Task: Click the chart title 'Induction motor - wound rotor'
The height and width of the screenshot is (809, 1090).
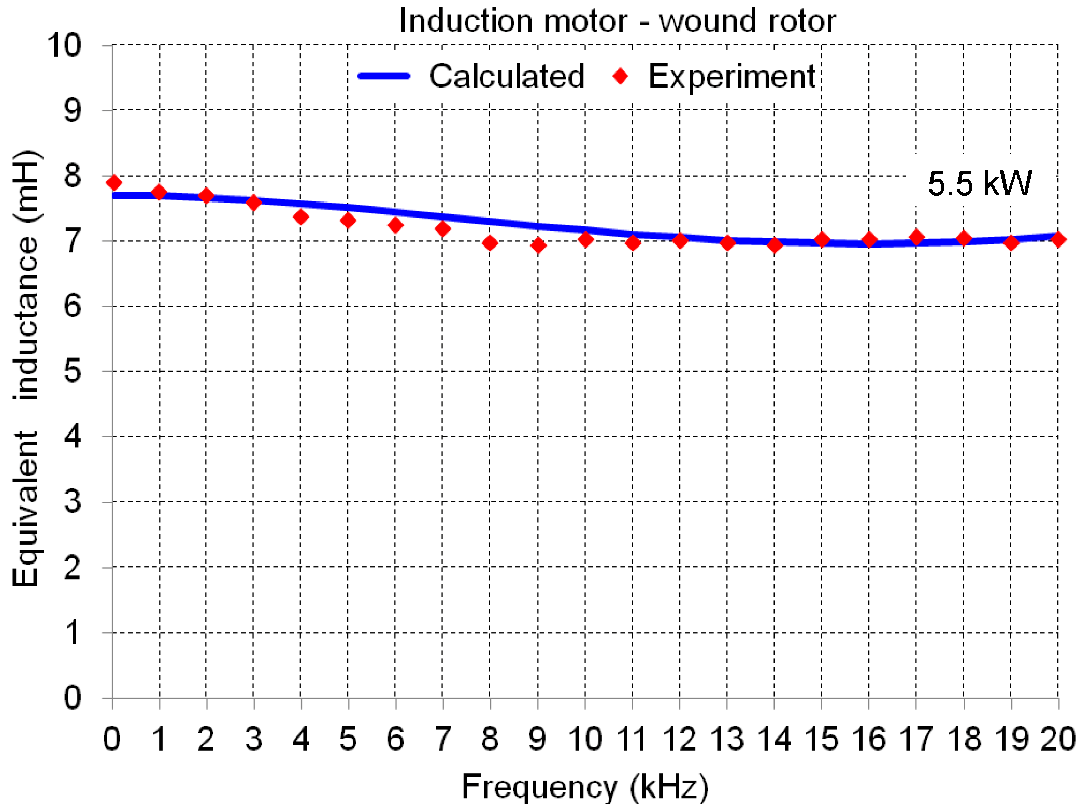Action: tap(617, 22)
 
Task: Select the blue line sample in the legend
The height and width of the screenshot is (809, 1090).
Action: tap(384, 76)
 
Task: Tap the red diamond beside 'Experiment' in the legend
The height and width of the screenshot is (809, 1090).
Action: tap(620, 77)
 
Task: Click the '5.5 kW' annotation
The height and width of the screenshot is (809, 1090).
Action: tap(979, 183)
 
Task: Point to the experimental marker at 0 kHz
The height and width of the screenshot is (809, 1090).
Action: tap(113, 182)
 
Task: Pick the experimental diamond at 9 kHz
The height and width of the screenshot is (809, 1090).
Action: tap(538, 245)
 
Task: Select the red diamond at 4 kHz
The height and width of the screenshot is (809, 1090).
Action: tap(301, 216)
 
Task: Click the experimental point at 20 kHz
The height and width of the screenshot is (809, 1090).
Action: tap(1058, 239)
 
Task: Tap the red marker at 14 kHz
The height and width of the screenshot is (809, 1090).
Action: tap(775, 244)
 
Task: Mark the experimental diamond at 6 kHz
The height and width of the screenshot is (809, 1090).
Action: tap(395, 225)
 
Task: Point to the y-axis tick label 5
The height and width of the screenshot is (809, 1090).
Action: tap(73, 371)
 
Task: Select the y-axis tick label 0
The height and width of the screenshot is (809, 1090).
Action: tap(73, 698)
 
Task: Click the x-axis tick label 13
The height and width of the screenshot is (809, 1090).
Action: tap(727, 739)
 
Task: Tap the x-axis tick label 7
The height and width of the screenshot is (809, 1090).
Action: tap(442, 739)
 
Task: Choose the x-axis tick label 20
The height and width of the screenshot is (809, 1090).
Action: tap(1058, 739)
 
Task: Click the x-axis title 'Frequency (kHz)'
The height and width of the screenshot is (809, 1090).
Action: tap(585, 787)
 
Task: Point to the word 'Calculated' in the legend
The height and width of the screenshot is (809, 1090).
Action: tap(507, 77)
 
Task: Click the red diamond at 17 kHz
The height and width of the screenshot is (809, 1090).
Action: tap(916, 237)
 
